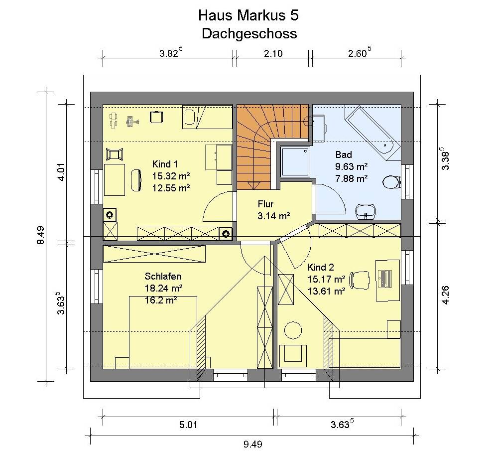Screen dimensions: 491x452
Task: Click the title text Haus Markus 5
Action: [x=248, y=15]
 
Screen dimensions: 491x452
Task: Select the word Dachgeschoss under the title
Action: [x=249, y=33]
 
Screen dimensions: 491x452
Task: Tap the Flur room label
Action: [x=265, y=204]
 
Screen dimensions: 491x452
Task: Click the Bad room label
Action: [x=344, y=154]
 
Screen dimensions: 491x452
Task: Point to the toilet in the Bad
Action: [x=391, y=182]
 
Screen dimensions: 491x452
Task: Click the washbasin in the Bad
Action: [x=366, y=211]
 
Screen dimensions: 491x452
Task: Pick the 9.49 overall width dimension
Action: [x=252, y=444]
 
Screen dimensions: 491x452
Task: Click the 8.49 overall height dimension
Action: [x=41, y=235]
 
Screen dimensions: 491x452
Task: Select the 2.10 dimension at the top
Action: [x=273, y=54]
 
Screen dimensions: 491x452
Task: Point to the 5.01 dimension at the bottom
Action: [x=188, y=425]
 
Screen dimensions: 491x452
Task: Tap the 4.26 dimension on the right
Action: [x=446, y=295]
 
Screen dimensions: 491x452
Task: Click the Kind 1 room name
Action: [x=165, y=164]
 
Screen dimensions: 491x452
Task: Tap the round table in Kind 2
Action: [x=293, y=330]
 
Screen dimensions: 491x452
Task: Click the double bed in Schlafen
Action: [x=163, y=332]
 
